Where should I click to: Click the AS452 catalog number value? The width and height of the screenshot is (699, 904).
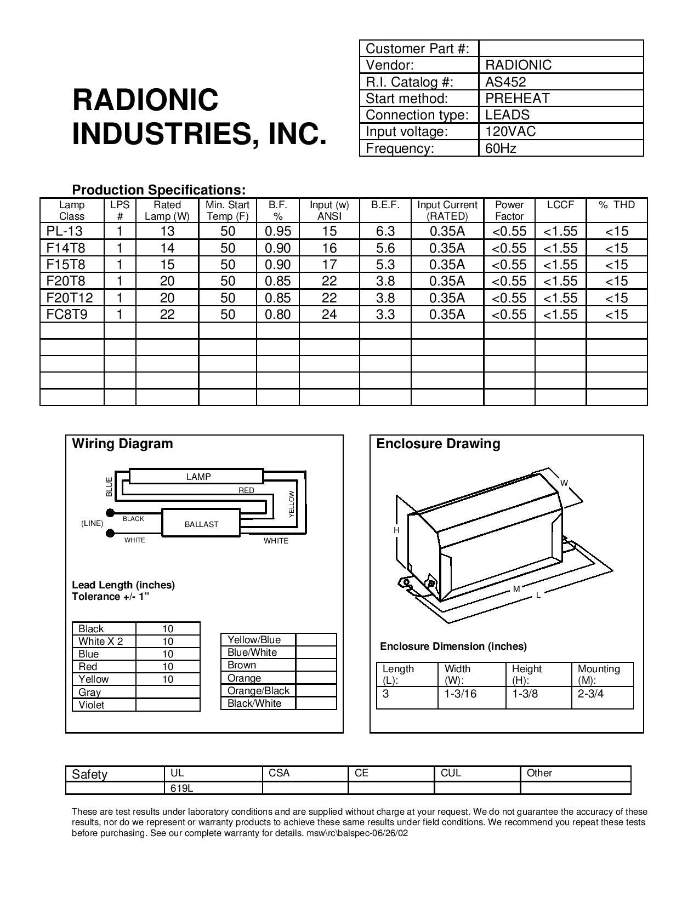click(505, 82)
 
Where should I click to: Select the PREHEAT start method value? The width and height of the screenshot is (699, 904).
click(517, 99)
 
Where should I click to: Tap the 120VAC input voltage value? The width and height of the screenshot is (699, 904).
click(510, 131)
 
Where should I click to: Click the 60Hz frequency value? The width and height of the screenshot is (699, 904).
click(501, 148)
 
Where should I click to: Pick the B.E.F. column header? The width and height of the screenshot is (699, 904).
click(385, 205)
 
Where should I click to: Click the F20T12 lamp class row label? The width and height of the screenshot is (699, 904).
click(70, 298)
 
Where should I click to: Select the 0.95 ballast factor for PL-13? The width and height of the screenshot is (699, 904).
click(278, 231)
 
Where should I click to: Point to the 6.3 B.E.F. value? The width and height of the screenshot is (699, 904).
click(385, 231)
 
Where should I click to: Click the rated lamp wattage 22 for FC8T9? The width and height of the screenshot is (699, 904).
click(167, 314)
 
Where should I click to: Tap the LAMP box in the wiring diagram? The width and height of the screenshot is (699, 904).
click(198, 477)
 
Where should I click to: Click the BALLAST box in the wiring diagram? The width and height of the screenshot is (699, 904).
click(201, 524)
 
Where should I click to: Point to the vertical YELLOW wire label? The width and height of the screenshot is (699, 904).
click(292, 504)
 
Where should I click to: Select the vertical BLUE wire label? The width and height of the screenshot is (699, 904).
click(109, 487)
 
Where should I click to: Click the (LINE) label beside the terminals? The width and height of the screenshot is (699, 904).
click(92, 523)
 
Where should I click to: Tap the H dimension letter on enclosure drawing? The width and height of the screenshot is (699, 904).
click(396, 530)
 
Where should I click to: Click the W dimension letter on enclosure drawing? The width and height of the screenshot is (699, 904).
click(564, 483)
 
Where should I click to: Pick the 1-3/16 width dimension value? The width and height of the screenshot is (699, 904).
click(461, 694)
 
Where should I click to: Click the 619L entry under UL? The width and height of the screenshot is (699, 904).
click(181, 789)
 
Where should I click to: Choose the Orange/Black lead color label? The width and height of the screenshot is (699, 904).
click(258, 691)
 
